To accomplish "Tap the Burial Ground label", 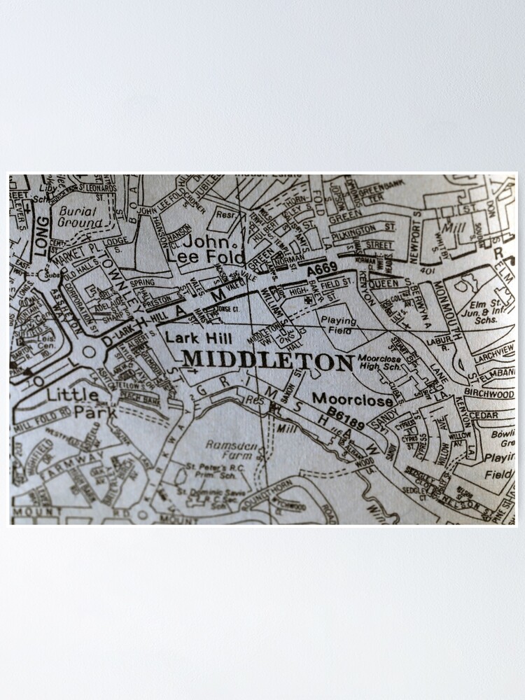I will pos(80,216).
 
